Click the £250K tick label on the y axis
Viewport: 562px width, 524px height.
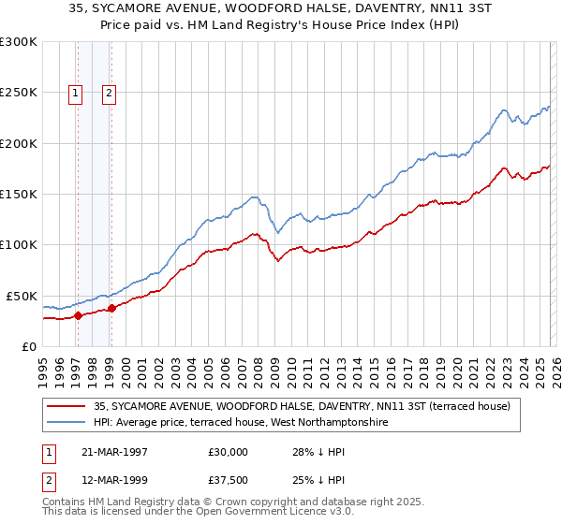tap(19, 93)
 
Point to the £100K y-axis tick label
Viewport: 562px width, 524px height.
tap(19, 244)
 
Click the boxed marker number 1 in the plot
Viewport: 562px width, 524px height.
tap(76, 93)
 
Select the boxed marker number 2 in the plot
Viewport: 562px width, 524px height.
tap(110, 93)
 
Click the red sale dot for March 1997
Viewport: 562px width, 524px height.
tap(79, 315)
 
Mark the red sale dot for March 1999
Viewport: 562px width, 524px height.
tap(111, 308)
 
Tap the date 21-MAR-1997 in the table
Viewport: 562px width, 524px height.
tap(117, 451)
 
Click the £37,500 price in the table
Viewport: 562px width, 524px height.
tap(229, 483)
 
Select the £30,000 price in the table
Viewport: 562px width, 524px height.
tap(229, 451)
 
